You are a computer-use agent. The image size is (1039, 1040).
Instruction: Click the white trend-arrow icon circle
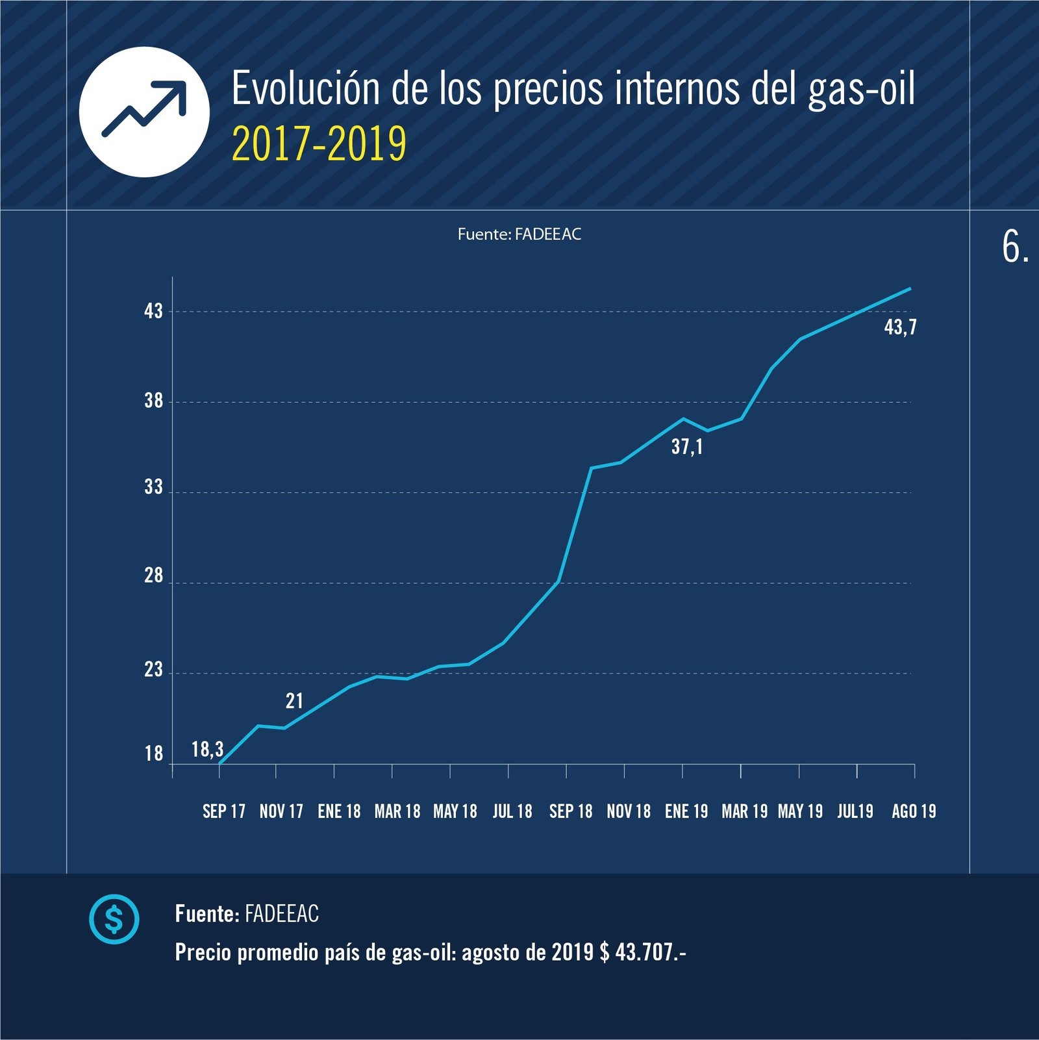click(144, 112)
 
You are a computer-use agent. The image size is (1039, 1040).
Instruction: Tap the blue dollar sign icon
click(114, 919)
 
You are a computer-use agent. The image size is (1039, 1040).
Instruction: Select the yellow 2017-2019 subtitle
click(319, 144)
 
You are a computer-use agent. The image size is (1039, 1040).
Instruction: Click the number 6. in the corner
click(1015, 247)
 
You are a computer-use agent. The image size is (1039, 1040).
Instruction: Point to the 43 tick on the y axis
click(154, 311)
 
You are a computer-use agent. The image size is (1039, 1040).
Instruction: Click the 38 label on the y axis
click(154, 401)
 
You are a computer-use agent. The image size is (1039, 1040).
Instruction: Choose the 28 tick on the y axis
click(154, 576)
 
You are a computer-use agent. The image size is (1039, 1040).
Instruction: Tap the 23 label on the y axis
click(154, 670)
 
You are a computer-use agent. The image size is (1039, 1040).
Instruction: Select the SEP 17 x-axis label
click(224, 811)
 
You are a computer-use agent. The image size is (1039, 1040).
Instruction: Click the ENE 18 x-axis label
click(339, 811)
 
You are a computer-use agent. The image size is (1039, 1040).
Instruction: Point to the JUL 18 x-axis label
click(512, 811)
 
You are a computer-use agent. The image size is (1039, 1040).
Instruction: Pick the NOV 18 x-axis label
click(629, 811)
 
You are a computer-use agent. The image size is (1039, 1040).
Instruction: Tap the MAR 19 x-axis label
click(744, 811)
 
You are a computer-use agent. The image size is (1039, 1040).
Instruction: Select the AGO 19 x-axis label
click(914, 811)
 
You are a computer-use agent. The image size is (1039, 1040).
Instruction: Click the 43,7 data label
click(900, 327)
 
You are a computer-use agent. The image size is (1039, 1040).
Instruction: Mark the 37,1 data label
click(686, 447)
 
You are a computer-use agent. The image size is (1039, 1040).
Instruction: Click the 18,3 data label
click(207, 750)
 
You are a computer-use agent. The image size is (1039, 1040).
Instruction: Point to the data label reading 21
click(294, 701)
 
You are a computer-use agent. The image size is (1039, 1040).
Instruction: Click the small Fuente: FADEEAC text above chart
click(519, 235)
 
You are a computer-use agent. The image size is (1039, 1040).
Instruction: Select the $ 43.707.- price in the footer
click(643, 952)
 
